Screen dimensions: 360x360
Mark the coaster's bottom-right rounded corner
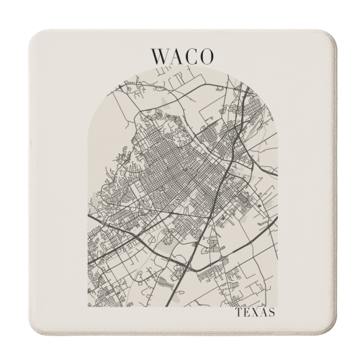[333, 333]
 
